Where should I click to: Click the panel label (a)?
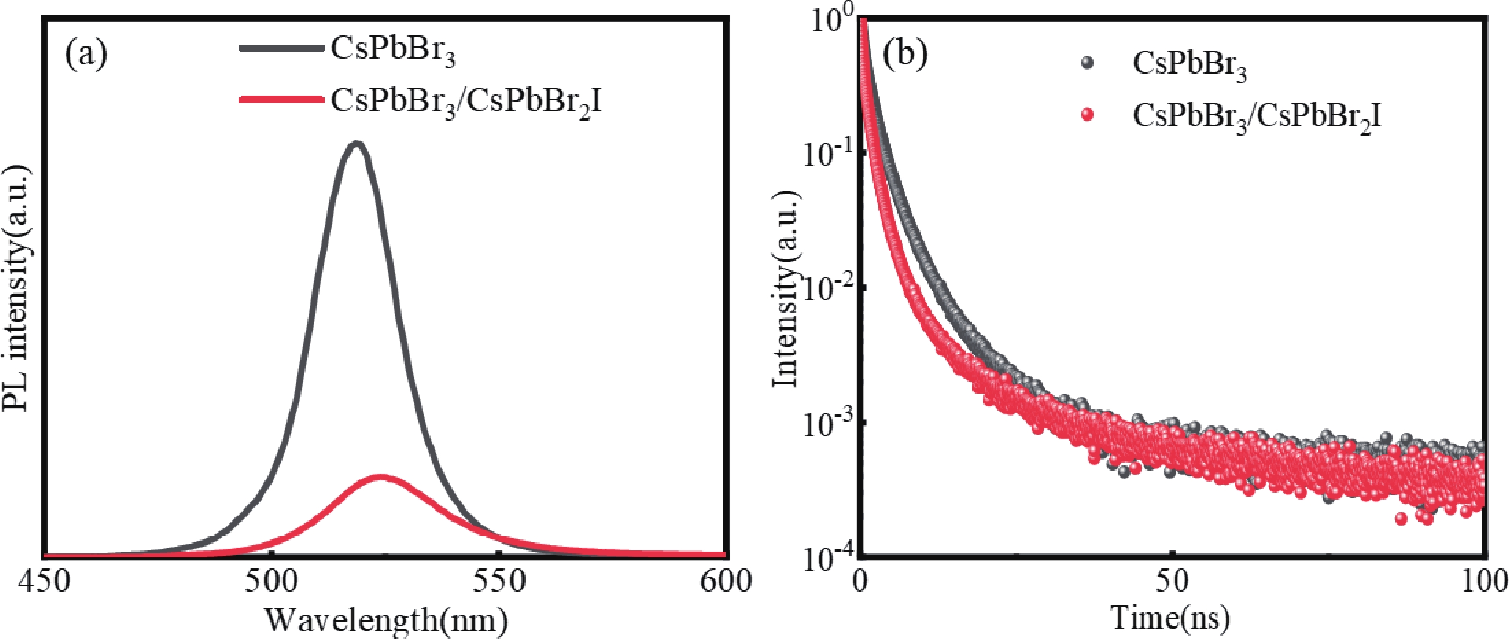(x=86, y=56)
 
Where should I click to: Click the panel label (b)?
(x=905, y=56)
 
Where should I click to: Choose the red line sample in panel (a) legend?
(x=281, y=100)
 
